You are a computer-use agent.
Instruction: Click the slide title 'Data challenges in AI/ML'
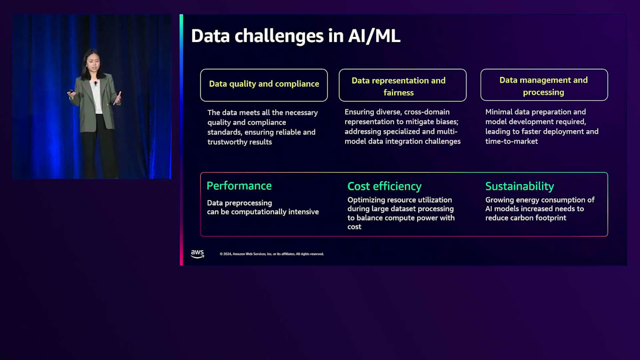point(295,36)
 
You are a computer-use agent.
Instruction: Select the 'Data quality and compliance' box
point(264,84)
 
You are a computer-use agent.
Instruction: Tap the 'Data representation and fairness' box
point(403,85)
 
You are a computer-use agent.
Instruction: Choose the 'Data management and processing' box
point(544,85)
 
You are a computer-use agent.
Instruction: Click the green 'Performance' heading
point(239,186)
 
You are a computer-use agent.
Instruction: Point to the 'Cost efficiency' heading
point(385,186)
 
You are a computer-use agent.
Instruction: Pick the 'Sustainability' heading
point(519,186)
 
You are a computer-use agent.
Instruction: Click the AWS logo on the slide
point(197,254)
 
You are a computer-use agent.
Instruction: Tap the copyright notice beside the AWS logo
point(271,254)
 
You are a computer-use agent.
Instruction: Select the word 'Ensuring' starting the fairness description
point(360,112)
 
